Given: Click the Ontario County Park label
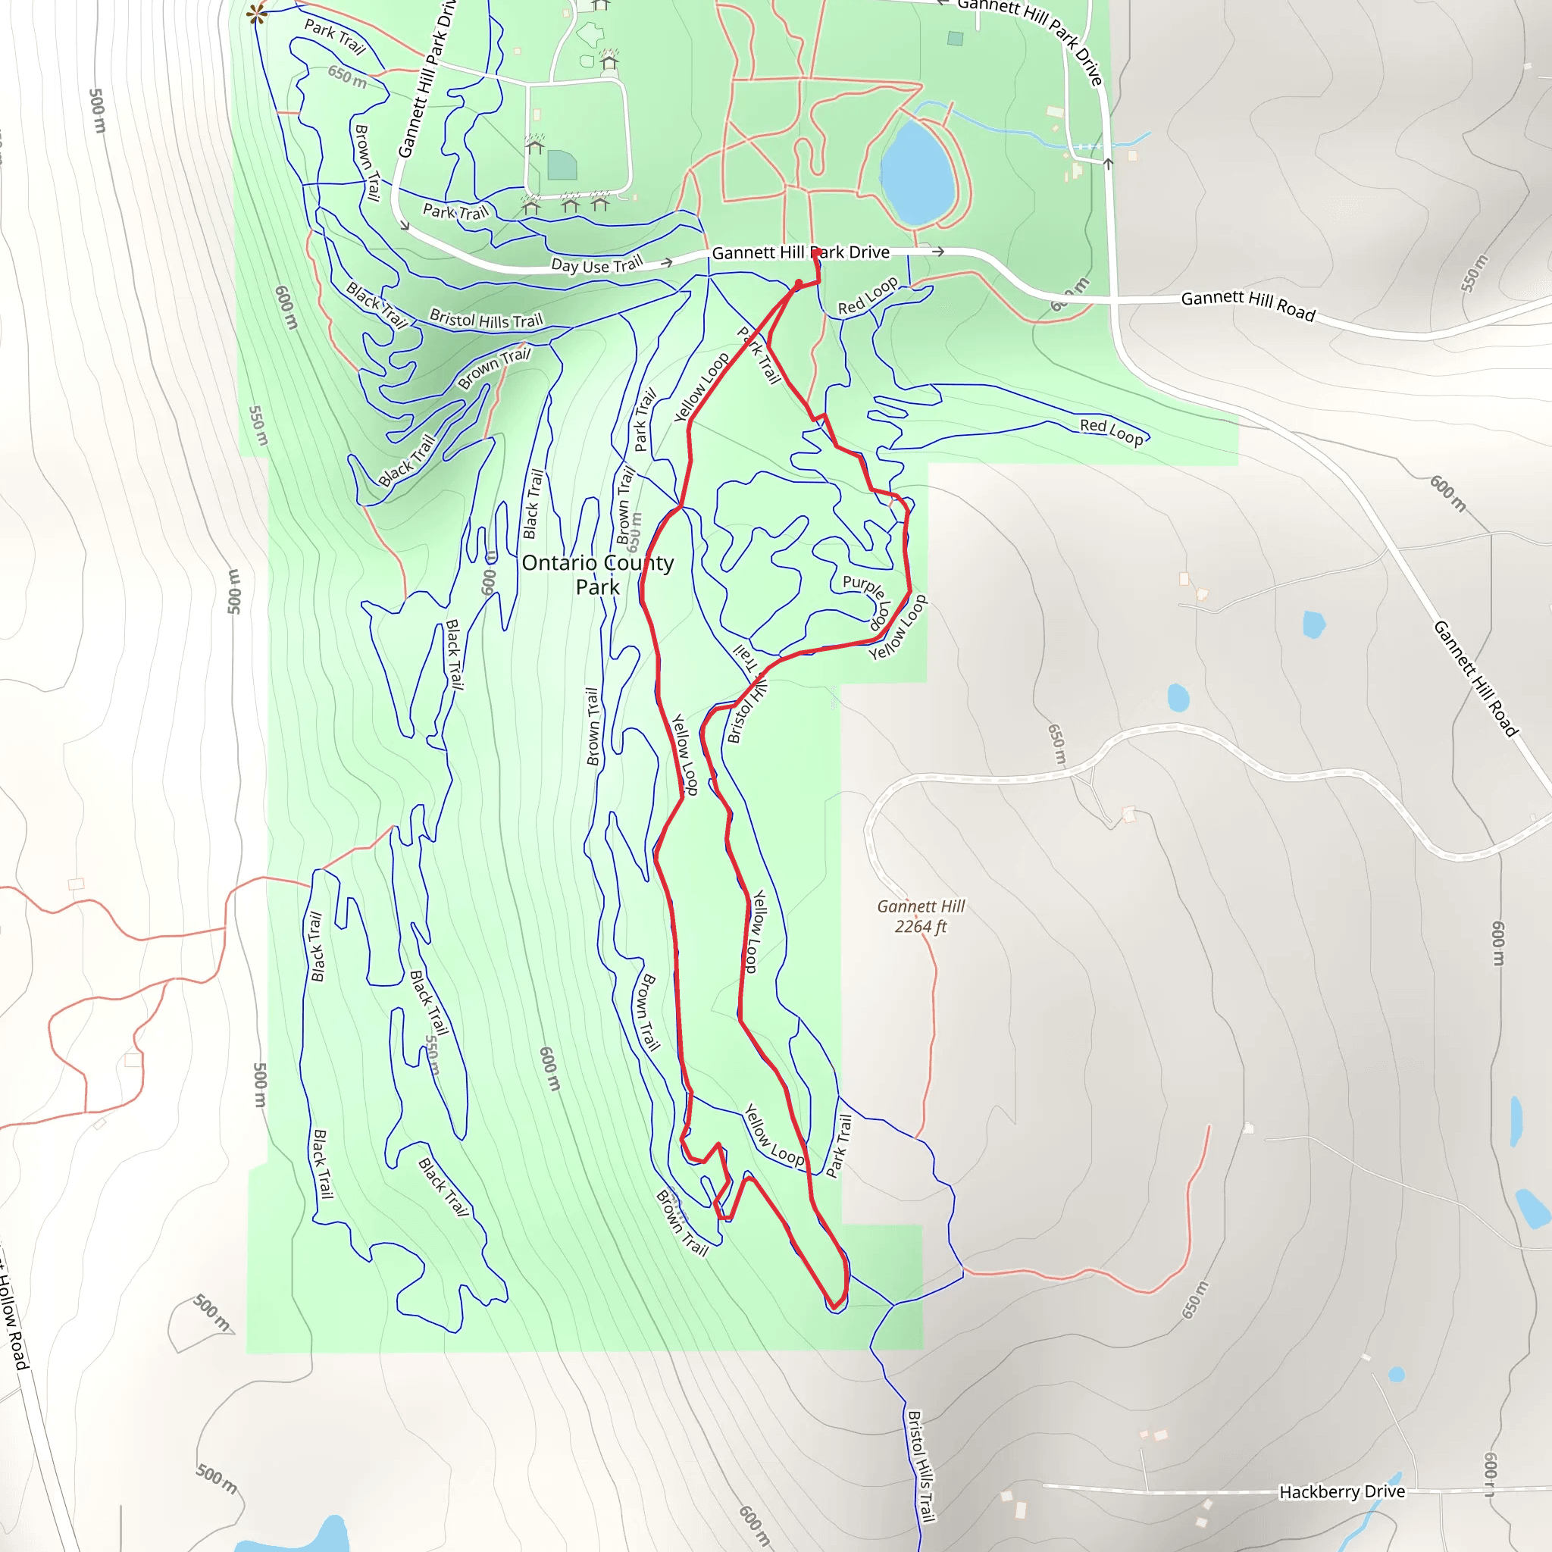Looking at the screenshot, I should pyautogui.click(x=597, y=574).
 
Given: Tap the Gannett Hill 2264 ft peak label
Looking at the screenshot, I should pyautogui.click(x=921, y=915).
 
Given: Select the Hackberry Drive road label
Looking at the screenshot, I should pyautogui.click(x=1341, y=1491).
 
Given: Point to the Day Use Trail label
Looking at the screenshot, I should pyautogui.click(x=597, y=264).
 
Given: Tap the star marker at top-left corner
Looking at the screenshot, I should pyautogui.click(x=257, y=14).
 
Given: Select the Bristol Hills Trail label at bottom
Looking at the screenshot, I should pyautogui.click(x=921, y=1466).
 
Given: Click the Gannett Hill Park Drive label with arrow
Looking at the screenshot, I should pyautogui.click(x=801, y=252).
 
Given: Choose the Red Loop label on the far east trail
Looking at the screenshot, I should pyautogui.click(x=1111, y=430).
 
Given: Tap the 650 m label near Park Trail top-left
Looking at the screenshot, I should pyautogui.click(x=347, y=77).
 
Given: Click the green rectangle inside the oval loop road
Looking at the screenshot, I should pyautogui.click(x=562, y=164).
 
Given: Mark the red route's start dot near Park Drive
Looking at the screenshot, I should pyautogui.click(x=799, y=283).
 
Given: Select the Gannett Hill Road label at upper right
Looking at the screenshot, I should pyautogui.click(x=1247, y=305).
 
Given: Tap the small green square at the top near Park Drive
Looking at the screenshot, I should pyautogui.click(x=954, y=38).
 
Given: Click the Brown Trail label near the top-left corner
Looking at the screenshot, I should pyautogui.click(x=367, y=162).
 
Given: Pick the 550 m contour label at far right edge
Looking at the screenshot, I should pyautogui.click(x=1473, y=273).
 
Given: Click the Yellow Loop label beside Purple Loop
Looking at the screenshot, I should pyautogui.click(x=898, y=627).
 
